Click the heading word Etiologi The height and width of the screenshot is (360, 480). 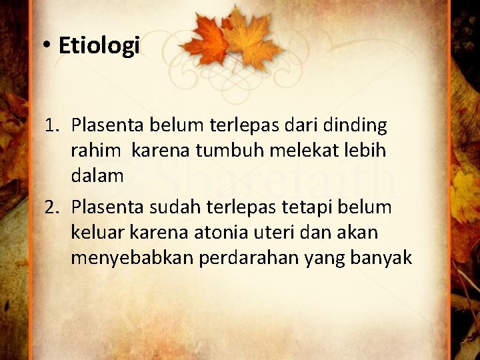pos(99,45)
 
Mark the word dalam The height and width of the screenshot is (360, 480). pos(97,175)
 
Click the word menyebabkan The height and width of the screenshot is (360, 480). pos(133,257)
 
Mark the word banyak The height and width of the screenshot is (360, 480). pos(387,257)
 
